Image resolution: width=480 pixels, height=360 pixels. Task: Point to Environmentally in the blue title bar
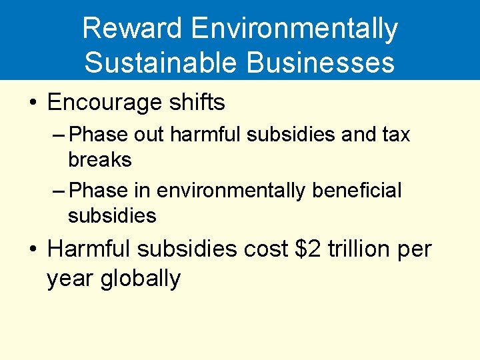click(294, 29)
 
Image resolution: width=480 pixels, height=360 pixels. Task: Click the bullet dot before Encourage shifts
click(32, 103)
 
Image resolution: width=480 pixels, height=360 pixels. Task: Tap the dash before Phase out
click(58, 135)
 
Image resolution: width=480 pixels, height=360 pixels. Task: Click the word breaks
click(100, 160)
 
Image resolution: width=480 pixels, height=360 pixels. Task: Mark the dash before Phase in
click(58, 191)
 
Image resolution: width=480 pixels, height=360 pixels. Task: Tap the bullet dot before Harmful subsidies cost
click(32, 251)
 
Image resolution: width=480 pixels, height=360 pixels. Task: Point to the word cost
click(265, 250)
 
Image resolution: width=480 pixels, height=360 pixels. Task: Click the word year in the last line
click(71, 279)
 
